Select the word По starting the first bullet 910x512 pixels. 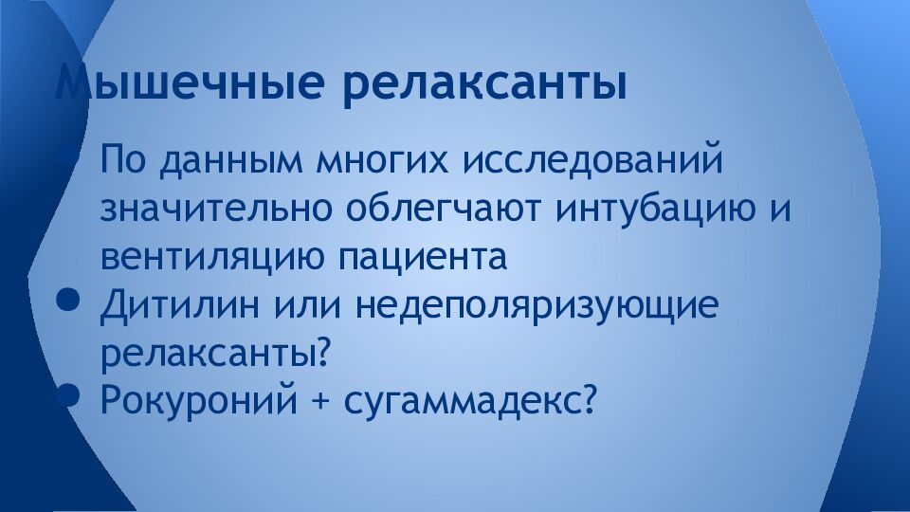pyautogui.click(x=120, y=160)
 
